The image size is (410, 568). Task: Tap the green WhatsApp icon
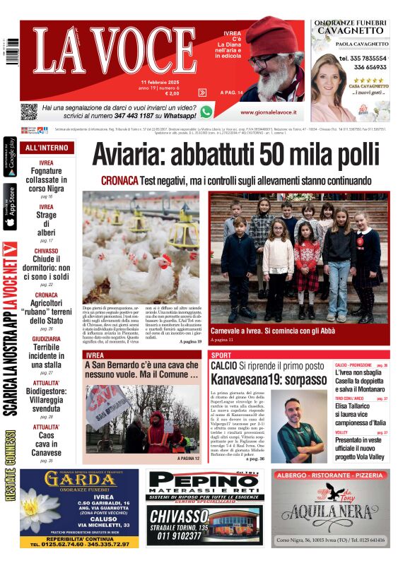[x=206, y=112]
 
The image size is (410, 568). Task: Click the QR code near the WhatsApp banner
[x=28, y=112]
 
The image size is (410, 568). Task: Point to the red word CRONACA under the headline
[x=119, y=180]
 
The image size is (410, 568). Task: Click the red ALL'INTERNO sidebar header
[x=47, y=148]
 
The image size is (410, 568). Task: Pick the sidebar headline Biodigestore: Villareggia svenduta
[x=47, y=401]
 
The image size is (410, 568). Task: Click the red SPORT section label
[x=221, y=355]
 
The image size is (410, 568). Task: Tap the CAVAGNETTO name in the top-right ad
[x=351, y=30]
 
